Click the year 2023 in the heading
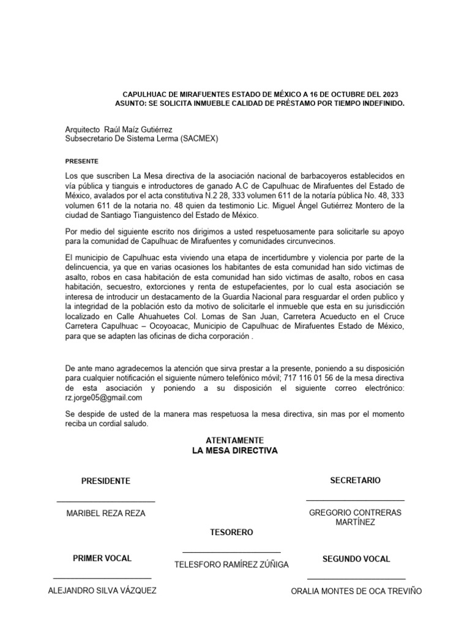click(387, 95)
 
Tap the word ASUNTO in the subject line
click(131, 104)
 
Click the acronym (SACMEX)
click(199, 139)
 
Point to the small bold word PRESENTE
click(81, 161)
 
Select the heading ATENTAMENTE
click(235, 440)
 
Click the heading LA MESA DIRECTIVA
click(235, 451)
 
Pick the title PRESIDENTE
click(106, 481)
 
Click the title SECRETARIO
click(355, 481)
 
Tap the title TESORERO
click(231, 533)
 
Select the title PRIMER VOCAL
click(102, 558)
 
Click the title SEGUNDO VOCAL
click(356, 559)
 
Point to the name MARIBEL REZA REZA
click(106, 514)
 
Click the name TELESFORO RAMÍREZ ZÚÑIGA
click(231, 565)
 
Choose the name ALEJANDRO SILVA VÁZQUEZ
click(102, 590)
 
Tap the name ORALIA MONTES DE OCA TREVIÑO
click(356, 591)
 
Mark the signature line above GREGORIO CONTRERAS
click(355, 501)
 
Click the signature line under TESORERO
click(231, 552)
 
